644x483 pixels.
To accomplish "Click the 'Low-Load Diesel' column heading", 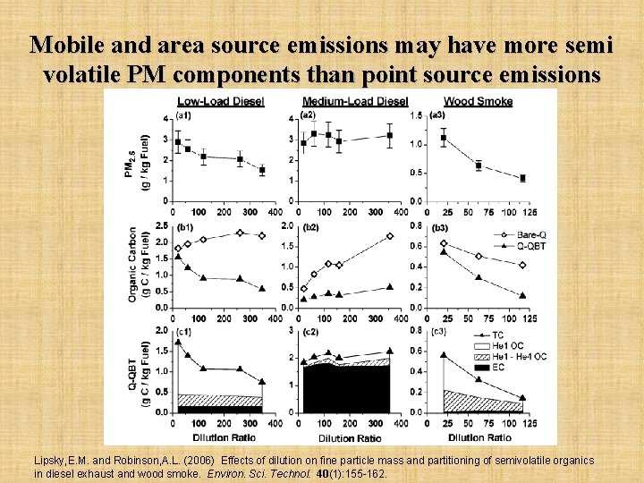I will click(220, 101).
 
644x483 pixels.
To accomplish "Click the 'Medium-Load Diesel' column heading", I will click(355, 101).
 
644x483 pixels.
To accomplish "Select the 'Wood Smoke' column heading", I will click(478, 101).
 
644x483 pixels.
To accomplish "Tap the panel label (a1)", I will click(182, 114).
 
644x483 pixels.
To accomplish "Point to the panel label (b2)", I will click(309, 228).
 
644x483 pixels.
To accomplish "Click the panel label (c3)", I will click(439, 333).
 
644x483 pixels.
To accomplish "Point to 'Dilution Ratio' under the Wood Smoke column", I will click(480, 437).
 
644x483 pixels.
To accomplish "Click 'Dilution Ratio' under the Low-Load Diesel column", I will click(220, 437).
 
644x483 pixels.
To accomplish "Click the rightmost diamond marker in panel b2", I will click(390, 236).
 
